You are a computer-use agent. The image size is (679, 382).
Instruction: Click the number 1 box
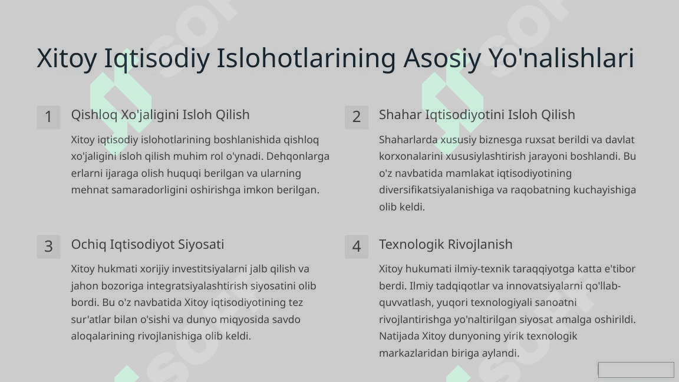[x=48, y=117]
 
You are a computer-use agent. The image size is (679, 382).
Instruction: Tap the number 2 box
[x=357, y=117]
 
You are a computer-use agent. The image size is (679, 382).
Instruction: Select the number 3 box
[x=48, y=246]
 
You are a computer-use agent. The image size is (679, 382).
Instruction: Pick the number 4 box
[x=357, y=246]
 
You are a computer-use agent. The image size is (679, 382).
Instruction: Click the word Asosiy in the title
[x=441, y=58]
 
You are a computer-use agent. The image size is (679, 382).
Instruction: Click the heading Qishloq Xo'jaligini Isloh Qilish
[x=160, y=115]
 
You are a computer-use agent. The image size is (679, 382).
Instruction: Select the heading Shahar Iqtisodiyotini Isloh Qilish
[x=477, y=115]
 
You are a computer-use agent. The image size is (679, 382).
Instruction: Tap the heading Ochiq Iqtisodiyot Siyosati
[x=148, y=244]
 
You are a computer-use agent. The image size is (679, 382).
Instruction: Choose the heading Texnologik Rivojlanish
[x=446, y=244]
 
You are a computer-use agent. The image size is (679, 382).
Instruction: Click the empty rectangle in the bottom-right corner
[x=636, y=370]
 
